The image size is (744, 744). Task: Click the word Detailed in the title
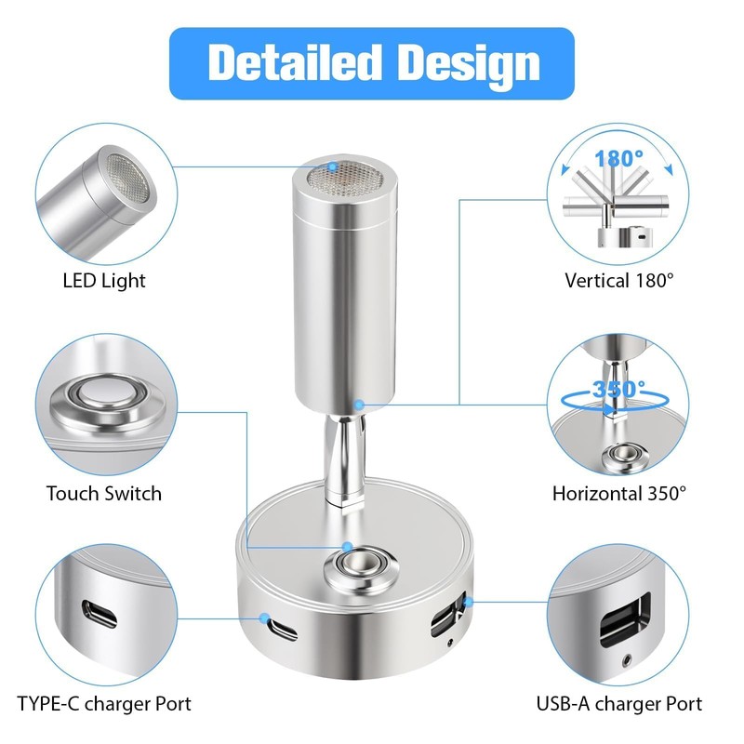(x=295, y=62)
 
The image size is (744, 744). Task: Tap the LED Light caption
(x=104, y=281)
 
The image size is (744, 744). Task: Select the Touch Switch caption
(x=104, y=494)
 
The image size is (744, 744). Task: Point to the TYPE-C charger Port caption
(x=104, y=703)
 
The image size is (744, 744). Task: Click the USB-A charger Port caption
(x=619, y=703)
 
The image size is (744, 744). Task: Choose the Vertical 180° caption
(x=619, y=281)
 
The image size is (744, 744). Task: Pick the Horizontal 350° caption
(x=619, y=494)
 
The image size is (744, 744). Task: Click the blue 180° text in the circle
(x=618, y=158)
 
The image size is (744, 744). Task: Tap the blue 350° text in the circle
(x=618, y=389)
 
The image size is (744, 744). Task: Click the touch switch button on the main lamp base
(x=359, y=565)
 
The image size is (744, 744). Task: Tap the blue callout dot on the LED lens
(x=334, y=167)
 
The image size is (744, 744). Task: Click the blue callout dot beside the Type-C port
(x=264, y=618)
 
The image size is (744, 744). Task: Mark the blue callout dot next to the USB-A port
(x=469, y=602)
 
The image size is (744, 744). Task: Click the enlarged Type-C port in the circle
(x=100, y=614)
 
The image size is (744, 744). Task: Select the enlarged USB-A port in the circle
(x=625, y=619)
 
